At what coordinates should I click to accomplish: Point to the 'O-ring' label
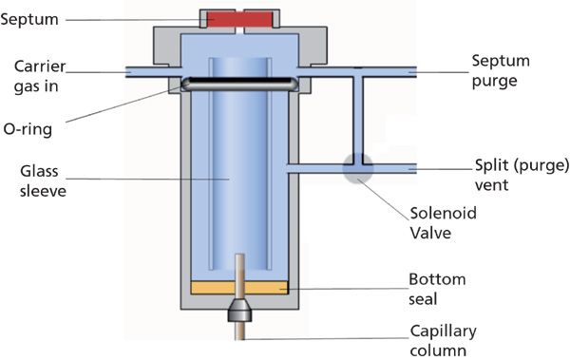point(34,127)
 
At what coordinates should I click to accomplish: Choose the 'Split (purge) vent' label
point(509,176)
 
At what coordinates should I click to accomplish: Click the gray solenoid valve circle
point(358,168)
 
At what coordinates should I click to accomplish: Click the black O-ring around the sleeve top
point(238,84)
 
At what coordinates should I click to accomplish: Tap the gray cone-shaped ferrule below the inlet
point(239,310)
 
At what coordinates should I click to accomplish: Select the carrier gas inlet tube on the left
point(147,70)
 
